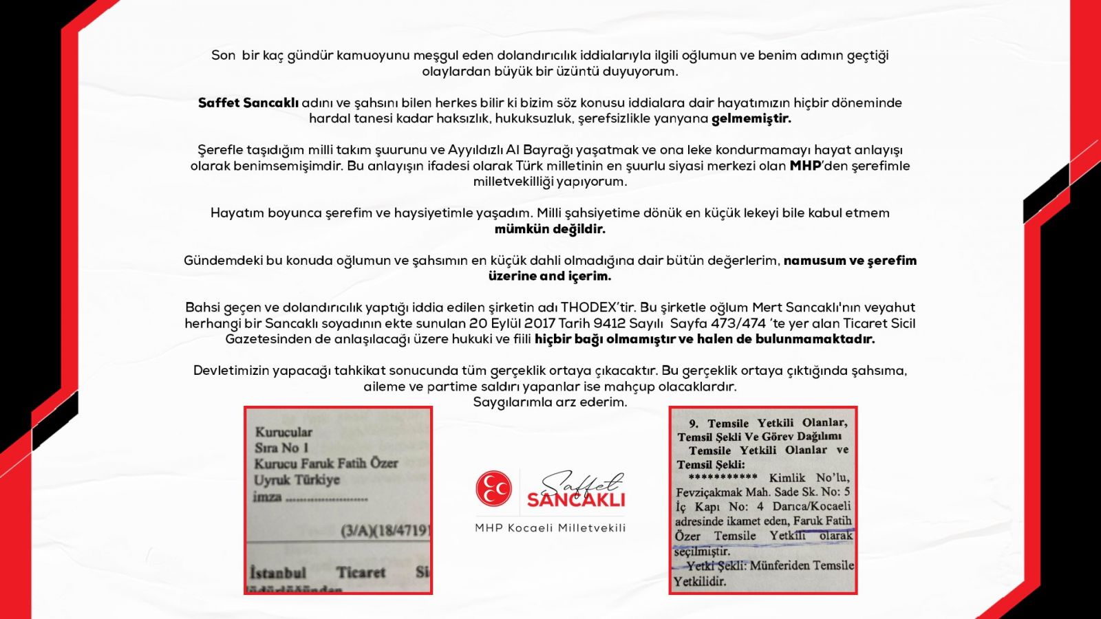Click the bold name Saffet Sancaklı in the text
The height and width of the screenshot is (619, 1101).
(x=248, y=103)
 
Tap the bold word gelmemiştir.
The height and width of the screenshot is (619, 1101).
(x=751, y=118)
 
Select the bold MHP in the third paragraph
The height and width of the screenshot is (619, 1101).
(x=805, y=166)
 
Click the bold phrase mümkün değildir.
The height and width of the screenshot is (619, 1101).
(x=550, y=229)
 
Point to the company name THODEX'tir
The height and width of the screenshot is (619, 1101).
(x=599, y=307)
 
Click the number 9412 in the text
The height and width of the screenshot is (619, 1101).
(x=610, y=323)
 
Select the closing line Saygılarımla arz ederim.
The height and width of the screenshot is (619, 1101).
(x=550, y=402)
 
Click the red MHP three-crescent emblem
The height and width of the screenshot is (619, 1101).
(x=493, y=489)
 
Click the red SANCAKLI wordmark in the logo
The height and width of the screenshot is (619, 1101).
(x=576, y=499)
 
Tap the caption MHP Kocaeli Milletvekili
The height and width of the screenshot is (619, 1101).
(x=550, y=528)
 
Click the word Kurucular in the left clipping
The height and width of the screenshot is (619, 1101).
(x=284, y=432)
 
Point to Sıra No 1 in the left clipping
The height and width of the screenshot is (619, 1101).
(x=281, y=448)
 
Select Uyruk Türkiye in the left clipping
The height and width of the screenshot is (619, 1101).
(x=297, y=480)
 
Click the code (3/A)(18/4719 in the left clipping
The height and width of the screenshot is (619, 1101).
(x=385, y=531)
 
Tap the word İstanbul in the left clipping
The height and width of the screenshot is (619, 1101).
(x=278, y=573)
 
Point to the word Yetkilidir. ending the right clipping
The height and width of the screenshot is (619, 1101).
(x=700, y=582)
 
